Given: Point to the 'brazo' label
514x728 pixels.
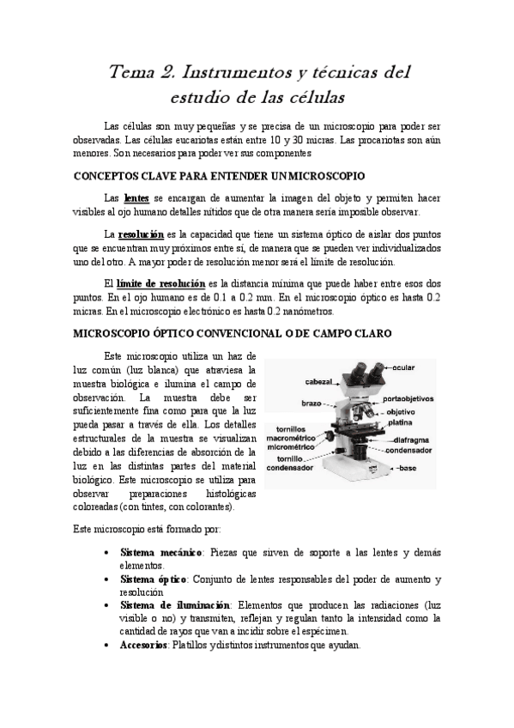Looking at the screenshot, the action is pyautogui.click(x=311, y=403).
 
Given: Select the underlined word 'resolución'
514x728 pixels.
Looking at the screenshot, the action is pyautogui.click(x=142, y=234).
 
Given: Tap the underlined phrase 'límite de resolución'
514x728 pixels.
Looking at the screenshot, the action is pyautogui.click(x=160, y=283).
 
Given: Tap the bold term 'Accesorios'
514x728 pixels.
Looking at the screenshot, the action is pyautogui.click(x=143, y=645).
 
